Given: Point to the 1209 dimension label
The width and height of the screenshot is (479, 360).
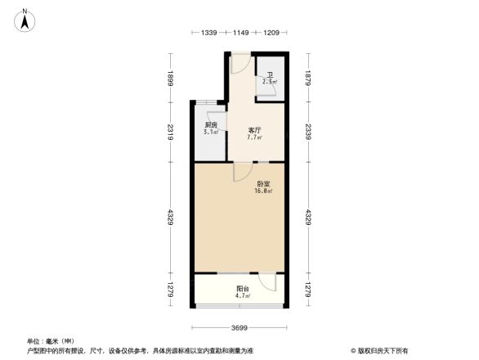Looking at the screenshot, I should coord(271,33).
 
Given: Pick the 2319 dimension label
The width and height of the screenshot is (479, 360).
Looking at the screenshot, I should coord(170,132).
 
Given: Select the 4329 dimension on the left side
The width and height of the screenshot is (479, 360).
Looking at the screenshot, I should coord(170,218).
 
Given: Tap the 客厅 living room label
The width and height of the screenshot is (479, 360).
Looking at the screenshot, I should coord(254,130).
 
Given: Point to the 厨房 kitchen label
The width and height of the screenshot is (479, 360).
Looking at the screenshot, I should coord(211,124).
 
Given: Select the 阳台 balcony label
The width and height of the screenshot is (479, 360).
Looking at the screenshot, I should coord(243,289).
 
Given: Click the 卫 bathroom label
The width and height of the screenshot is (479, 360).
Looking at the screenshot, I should coord(270,76).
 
